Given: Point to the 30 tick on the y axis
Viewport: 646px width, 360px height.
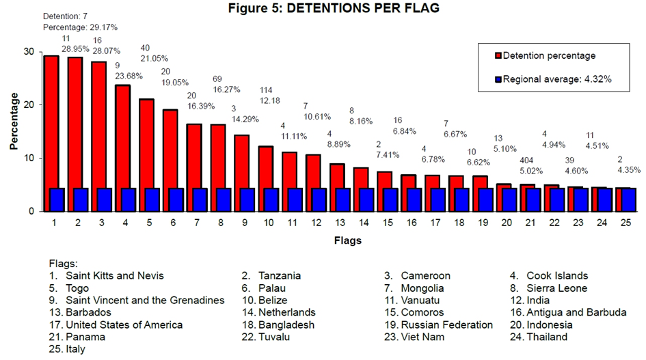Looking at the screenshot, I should click(x=29, y=52).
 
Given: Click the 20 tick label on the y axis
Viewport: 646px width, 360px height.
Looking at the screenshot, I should click(x=29, y=105).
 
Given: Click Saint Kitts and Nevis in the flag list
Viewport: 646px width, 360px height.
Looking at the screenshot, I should click(x=115, y=276).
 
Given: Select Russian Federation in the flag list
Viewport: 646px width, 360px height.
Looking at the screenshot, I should click(x=447, y=325).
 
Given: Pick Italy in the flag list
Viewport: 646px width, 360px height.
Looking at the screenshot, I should click(x=75, y=349).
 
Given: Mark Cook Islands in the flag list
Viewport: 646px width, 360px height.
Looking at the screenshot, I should click(x=557, y=276).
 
